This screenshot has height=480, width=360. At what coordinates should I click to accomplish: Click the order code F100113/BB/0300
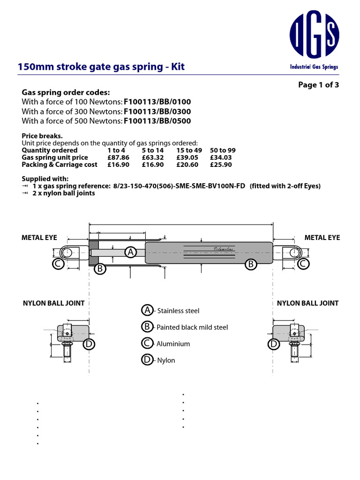[x=157, y=112]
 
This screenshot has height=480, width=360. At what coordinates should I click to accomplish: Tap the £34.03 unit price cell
[x=222, y=157]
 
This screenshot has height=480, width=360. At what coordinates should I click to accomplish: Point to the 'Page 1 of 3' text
[x=318, y=85]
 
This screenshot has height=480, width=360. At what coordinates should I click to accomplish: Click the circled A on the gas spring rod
[x=130, y=252]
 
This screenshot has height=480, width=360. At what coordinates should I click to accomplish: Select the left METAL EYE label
[x=39, y=238]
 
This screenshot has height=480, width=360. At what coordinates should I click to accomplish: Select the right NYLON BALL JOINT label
[x=307, y=303]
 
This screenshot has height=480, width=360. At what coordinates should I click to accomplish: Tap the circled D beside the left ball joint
[x=89, y=345]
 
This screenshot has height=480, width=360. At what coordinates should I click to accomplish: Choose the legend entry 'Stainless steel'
[x=178, y=311]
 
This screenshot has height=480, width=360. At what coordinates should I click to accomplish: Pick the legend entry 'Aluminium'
[x=173, y=344]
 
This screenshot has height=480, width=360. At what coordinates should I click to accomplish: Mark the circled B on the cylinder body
[x=251, y=264]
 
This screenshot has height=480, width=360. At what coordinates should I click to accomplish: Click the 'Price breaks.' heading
[x=42, y=136]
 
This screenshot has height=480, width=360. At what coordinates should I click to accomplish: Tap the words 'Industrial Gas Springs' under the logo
[x=314, y=67]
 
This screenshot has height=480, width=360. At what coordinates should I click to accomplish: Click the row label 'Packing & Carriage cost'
[x=60, y=165]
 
